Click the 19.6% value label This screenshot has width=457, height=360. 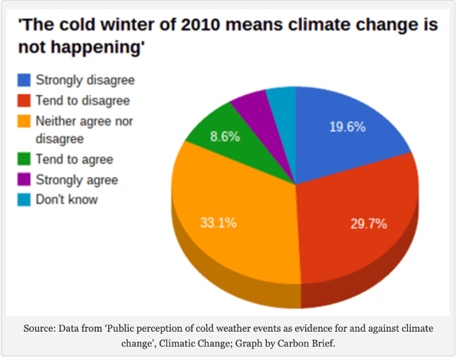point(347,127)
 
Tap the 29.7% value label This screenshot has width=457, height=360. point(369,224)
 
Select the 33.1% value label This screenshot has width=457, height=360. point(219,223)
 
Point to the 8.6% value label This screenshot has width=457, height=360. point(225,136)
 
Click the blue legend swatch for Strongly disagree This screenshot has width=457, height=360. point(24,80)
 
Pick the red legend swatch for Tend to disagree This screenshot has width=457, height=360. point(24,100)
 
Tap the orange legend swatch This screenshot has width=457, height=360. point(24,121)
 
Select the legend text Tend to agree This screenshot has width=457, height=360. point(74,159)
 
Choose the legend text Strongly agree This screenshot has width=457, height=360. point(77,180)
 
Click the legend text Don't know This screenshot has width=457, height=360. point(67,200)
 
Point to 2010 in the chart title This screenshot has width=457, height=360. point(200,25)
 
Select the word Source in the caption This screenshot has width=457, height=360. point(39,329)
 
